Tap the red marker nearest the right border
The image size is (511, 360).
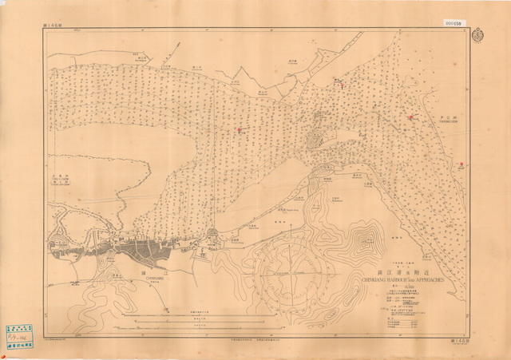coord(463,167)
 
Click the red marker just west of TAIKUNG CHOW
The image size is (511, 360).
coord(412,118)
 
